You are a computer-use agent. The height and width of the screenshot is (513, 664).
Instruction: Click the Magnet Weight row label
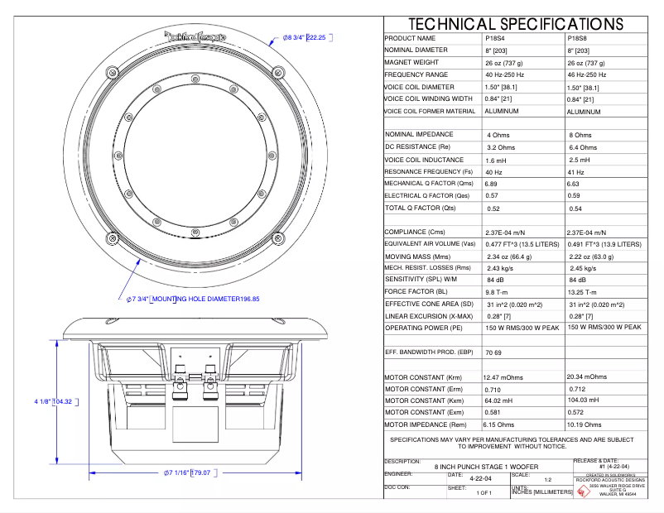[x=411, y=62]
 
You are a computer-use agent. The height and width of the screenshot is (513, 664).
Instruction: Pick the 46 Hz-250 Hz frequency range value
[x=587, y=74]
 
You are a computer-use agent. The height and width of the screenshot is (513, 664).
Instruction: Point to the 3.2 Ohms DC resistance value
[x=503, y=146]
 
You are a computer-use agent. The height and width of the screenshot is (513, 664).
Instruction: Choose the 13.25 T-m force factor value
[x=584, y=292]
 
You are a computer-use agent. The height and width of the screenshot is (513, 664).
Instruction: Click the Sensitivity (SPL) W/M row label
[x=422, y=279]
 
